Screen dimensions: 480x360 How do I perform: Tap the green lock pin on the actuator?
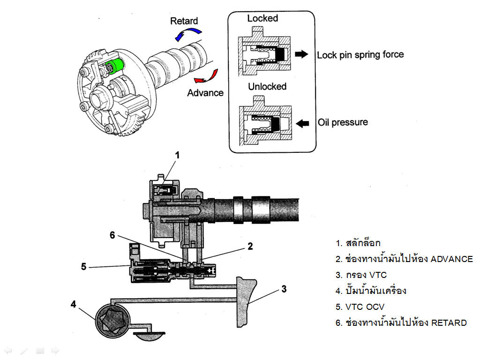click(x=115, y=66)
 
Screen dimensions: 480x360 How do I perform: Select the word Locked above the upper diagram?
click(x=262, y=18)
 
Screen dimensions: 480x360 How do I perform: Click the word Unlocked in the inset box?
click(x=267, y=87)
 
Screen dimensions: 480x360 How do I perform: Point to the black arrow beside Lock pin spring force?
click(x=301, y=54)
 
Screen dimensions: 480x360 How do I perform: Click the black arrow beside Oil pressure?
click(x=303, y=123)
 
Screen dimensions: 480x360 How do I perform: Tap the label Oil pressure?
click(x=343, y=122)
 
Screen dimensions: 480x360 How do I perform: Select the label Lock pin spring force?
click(x=360, y=55)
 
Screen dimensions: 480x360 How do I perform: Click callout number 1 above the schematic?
click(x=177, y=155)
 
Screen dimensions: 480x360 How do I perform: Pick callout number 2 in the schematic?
click(x=250, y=246)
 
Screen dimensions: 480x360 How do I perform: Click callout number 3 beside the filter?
click(x=284, y=289)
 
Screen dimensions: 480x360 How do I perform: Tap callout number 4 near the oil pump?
click(x=74, y=304)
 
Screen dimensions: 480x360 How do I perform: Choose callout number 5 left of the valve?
click(x=84, y=267)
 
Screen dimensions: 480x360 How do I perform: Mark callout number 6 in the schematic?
click(x=112, y=235)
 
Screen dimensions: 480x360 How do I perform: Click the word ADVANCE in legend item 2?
click(x=452, y=259)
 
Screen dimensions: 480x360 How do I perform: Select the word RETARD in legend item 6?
click(x=449, y=322)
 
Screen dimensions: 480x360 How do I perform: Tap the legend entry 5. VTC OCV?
click(x=360, y=307)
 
